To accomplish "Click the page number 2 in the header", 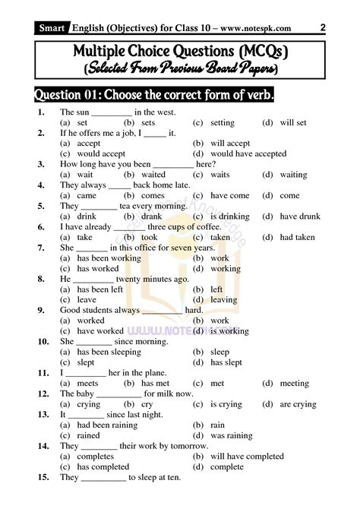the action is [324, 27].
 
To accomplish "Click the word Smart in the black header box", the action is [52, 29].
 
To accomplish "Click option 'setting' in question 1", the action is [223, 122].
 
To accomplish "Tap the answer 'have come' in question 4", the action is [229, 195].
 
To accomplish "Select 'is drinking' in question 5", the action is [229, 216].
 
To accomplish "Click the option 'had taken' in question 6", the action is [297, 237].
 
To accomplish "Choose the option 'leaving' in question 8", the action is [226, 300].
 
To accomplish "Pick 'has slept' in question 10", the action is [227, 362].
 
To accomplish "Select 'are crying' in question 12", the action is [298, 404].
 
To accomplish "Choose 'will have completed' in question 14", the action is [247, 457].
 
